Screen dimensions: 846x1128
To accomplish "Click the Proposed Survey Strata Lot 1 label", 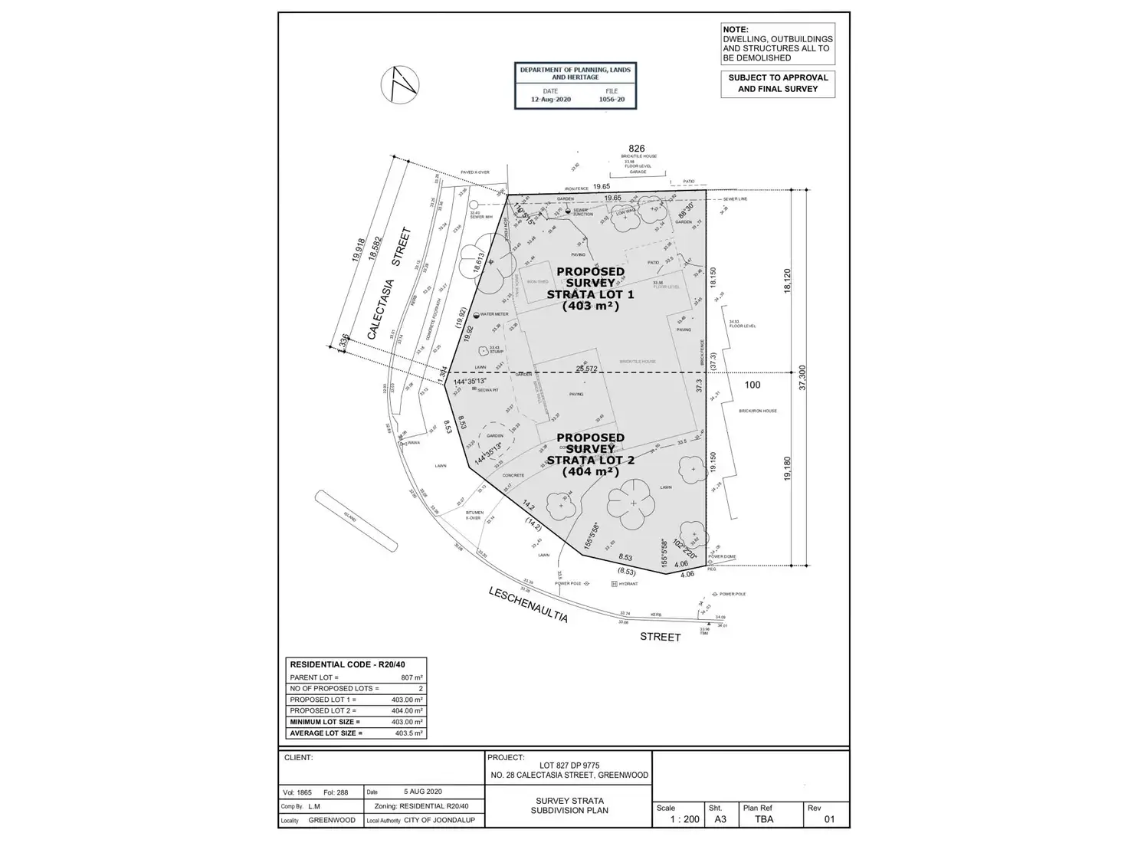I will pyautogui.click(x=590, y=288).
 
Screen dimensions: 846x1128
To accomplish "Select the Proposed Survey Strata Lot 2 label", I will pyautogui.click(x=590, y=454).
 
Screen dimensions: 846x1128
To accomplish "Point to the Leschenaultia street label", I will pyautogui.click(x=529, y=604).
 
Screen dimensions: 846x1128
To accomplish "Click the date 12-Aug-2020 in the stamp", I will pyautogui.click(x=549, y=100).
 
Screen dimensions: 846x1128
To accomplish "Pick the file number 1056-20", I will pyautogui.click(x=611, y=100).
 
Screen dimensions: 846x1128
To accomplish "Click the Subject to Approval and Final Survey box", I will pyautogui.click(x=777, y=84).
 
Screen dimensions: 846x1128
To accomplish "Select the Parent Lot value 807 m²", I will pyautogui.click(x=412, y=677).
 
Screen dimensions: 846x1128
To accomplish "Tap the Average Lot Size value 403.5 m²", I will pyautogui.click(x=408, y=733).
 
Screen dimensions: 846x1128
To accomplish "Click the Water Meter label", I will pyautogui.click(x=494, y=314).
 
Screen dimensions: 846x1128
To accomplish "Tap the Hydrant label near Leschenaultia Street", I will pyautogui.click(x=627, y=584).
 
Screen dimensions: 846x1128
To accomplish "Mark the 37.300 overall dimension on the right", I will pyautogui.click(x=803, y=377).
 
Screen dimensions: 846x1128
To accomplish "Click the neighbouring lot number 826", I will pyautogui.click(x=637, y=149).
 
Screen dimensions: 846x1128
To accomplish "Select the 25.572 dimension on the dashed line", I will pyautogui.click(x=586, y=369).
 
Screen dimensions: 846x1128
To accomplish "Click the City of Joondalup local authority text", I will pyautogui.click(x=439, y=820).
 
